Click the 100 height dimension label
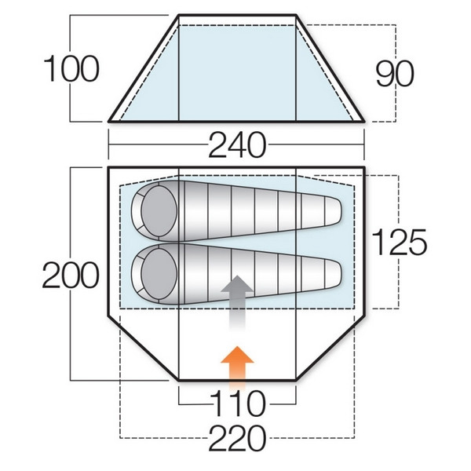(71, 69)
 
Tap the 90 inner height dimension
(395, 74)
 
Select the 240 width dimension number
(237, 145)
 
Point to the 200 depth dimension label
(71, 275)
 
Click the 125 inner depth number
(399, 242)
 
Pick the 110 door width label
(237, 403)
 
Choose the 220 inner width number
(237, 437)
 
